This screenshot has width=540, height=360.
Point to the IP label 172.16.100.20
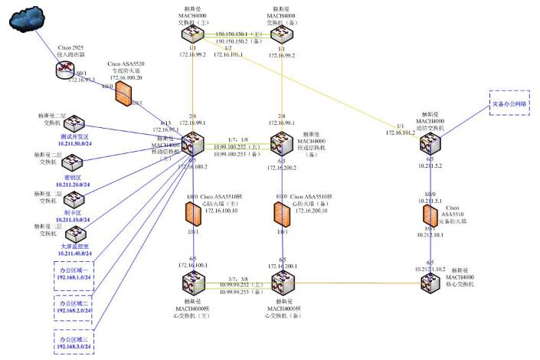(x=126, y=77)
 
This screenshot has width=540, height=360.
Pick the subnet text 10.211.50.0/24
(x=75, y=142)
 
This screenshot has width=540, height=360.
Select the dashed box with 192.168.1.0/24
(x=74, y=275)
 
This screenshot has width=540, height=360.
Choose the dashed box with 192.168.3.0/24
(x=74, y=342)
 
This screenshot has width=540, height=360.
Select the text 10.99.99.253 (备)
(x=241, y=292)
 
